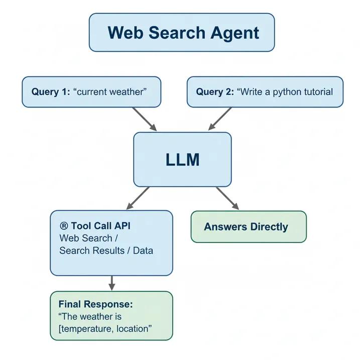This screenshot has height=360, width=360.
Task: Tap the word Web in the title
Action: (123, 33)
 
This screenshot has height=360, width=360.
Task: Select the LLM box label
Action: (182, 160)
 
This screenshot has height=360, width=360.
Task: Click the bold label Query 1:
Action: (51, 92)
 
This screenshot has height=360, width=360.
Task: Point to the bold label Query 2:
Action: (215, 92)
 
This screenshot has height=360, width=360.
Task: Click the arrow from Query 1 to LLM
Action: (145, 119)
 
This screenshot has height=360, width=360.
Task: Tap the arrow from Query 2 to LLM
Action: (219, 119)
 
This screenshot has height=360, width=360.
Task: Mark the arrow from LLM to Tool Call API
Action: (138, 198)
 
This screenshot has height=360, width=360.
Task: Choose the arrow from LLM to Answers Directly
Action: (227, 198)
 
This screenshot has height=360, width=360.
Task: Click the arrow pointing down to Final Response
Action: (112, 283)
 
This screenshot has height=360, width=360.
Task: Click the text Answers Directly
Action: (246, 227)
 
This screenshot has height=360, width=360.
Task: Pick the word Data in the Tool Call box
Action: (143, 250)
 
